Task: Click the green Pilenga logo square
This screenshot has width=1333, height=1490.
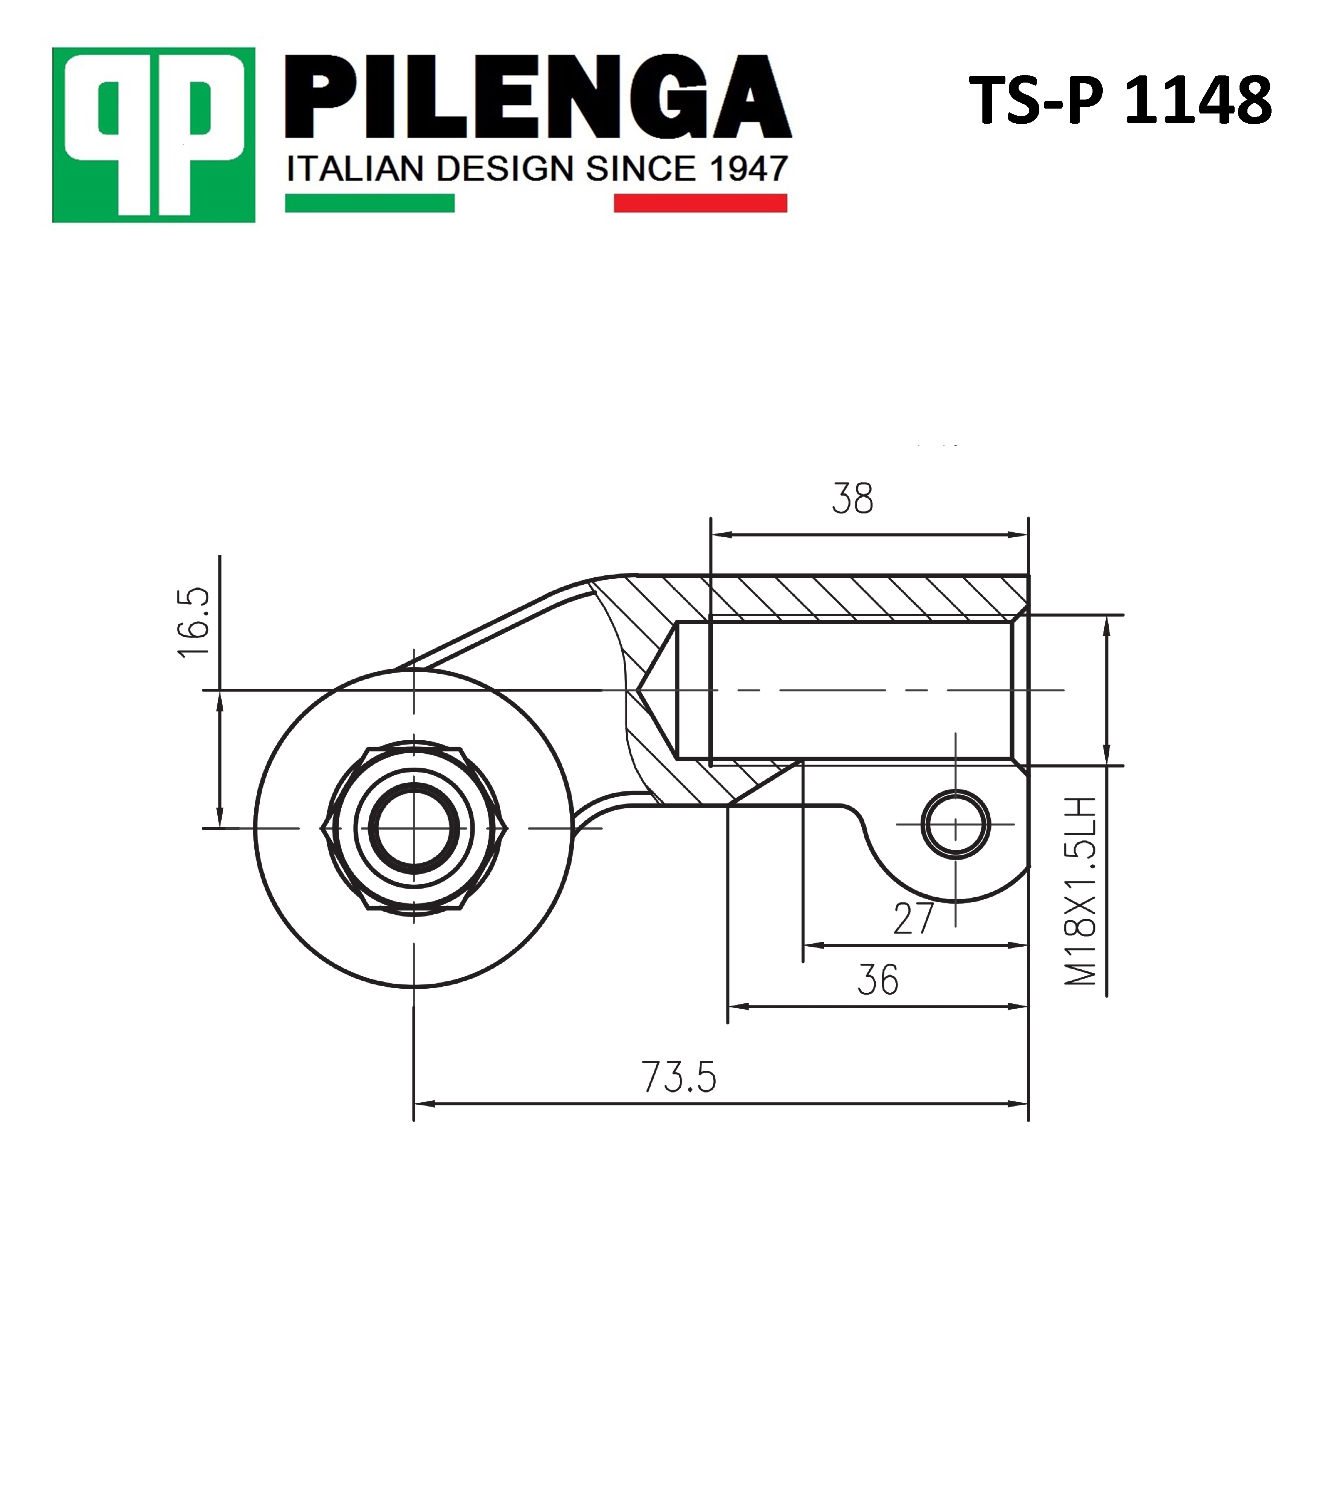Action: (154, 135)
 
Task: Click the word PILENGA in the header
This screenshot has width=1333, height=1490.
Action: (538, 97)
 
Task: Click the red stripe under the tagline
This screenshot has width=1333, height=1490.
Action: (700, 203)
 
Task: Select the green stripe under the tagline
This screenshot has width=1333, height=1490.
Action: (370, 203)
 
